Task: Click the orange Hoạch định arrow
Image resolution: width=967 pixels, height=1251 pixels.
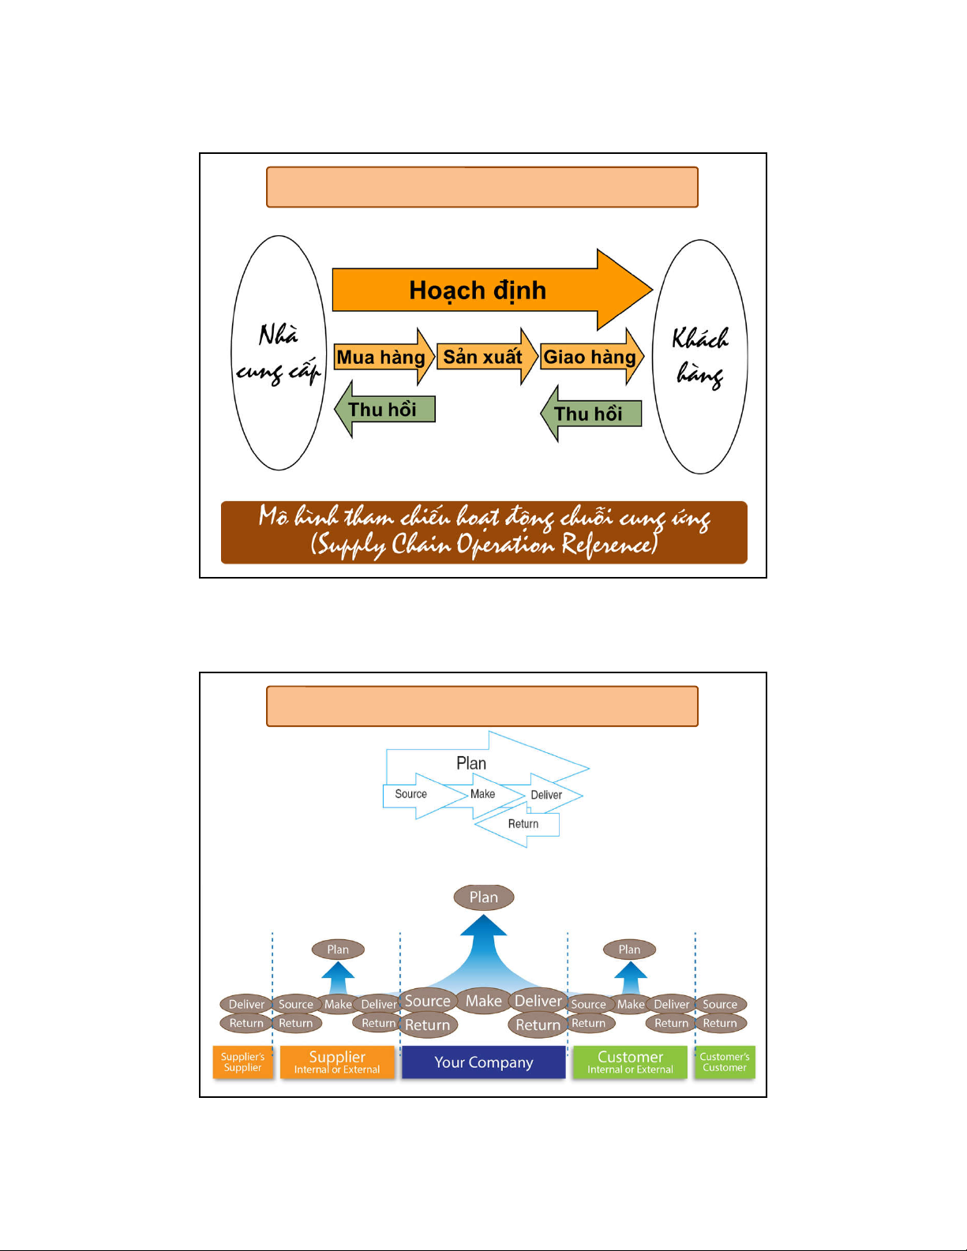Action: click(x=478, y=290)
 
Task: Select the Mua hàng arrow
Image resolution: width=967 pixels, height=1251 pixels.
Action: click(x=382, y=358)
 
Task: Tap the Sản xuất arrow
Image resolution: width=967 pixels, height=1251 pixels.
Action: click(x=483, y=357)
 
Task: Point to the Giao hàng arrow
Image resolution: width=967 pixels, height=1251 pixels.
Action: click(x=590, y=357)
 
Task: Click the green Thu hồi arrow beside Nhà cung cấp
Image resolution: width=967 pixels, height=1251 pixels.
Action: click(x=384, y=409)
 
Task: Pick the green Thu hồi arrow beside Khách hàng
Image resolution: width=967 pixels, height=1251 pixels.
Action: click(x=590, y=414)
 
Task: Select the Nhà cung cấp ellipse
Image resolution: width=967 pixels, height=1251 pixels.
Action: click(x=279, y=353)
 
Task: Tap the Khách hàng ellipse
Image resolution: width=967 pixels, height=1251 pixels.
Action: click(x=700, y=357)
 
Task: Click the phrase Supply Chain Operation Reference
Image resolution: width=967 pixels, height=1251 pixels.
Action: click(x=483, y=545)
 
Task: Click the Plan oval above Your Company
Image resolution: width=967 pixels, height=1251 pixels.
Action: click(x=484, y=897)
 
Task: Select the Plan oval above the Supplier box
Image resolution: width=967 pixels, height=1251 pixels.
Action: click(x=338, y=949)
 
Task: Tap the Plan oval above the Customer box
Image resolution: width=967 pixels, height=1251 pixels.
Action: click(x=629, y=949)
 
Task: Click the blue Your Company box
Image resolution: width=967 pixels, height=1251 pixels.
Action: click(x=484, y=1062)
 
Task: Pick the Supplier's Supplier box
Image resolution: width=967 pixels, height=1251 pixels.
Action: click(x=243, y=1062)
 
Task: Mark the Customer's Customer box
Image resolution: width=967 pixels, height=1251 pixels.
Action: click(x=725, y=1062)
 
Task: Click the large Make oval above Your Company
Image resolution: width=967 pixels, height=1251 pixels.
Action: click(x=484, y=1001)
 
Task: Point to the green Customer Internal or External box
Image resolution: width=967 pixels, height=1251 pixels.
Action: click(x=630, y=1062)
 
